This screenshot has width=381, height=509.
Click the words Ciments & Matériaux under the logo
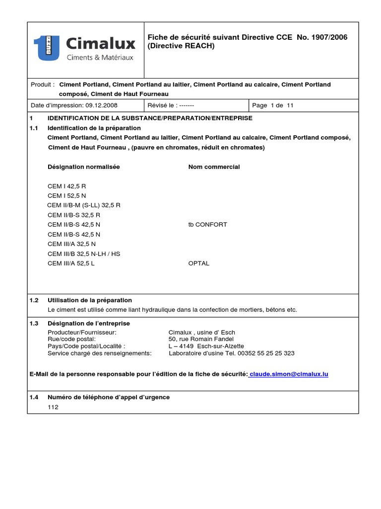(x=100, y=58)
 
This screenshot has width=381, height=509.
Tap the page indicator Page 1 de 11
(x=273, y=106)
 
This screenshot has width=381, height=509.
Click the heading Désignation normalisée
(x=83, y=167)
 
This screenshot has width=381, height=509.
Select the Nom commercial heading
(x=214, y=167)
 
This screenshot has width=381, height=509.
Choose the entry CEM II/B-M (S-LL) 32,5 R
(x=84, y=205)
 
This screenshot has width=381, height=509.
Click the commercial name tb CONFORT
(x=207, y=224)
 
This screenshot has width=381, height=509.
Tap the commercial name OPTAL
(x=198, y=263)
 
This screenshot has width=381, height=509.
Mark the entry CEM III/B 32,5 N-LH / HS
(x=84, y=254)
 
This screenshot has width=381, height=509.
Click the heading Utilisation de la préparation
(x=89, y=300)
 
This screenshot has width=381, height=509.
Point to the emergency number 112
(x=53, y=407)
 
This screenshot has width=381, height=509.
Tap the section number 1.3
(x=34, y=324)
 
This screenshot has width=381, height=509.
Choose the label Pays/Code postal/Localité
(x=86, y=346)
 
